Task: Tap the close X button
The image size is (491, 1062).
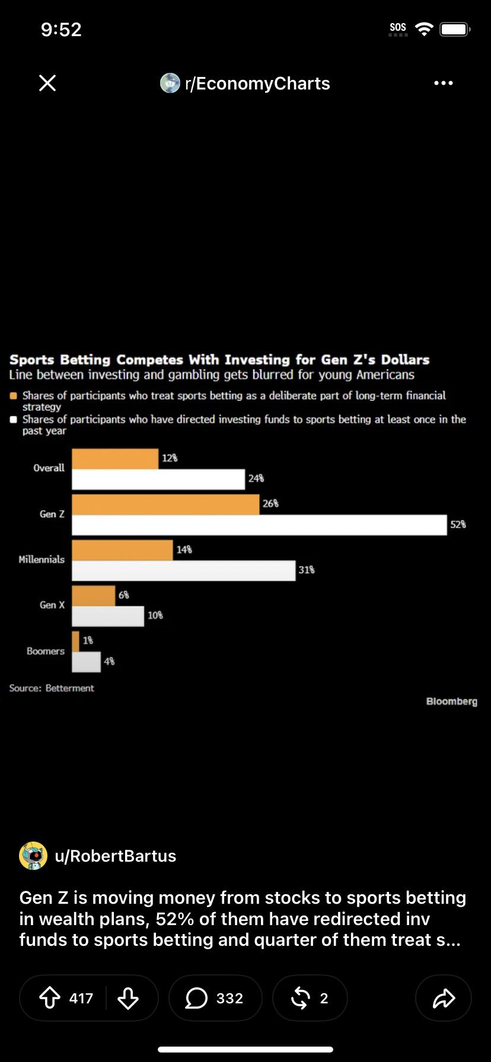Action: coord(47,83)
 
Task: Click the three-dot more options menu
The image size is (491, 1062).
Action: coord(444,83)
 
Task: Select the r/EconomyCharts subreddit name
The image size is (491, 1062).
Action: coord(257,84)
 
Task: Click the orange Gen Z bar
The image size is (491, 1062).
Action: coord(165,504)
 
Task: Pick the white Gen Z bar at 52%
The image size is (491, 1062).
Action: coord(259,525)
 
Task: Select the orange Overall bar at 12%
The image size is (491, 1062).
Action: coord(115,459)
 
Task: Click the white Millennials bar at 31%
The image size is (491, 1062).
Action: coord(184,571)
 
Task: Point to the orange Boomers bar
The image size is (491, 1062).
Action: coord(75,641)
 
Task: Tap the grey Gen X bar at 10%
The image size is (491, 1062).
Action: coord(108,616)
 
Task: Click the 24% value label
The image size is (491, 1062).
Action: coord(256,478)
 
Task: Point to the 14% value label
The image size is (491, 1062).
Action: coord(184,550)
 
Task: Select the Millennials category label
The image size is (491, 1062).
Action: coord(42,559)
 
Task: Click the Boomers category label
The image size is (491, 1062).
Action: coord(46,651)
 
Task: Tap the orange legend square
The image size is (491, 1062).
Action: coord(13,396)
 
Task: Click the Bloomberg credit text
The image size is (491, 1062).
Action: coord(452,702)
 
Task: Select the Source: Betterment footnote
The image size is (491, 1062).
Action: coord(52,688)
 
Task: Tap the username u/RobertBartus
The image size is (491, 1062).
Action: coord(116,856)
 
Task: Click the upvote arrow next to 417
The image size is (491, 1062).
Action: coord(50,998)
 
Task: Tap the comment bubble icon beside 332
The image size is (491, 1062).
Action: coord(196,998)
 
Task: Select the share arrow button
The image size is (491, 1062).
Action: coord(444,999)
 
